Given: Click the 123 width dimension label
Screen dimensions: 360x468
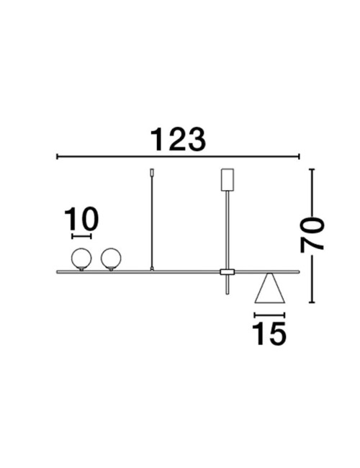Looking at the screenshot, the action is (x=178, y=140).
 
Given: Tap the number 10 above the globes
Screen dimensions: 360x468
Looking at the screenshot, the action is (x=81, y=219).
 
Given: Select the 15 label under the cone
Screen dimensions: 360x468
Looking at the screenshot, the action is (x=269, y=333).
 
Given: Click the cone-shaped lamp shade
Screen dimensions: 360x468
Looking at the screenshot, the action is (x=270, y=288).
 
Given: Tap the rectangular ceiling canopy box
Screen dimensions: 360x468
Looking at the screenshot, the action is (x=228, y=180).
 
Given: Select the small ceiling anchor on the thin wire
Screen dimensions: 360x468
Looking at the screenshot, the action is (x=152, y=173).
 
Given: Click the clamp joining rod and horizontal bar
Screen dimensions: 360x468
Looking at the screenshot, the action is (x=228, y=272).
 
